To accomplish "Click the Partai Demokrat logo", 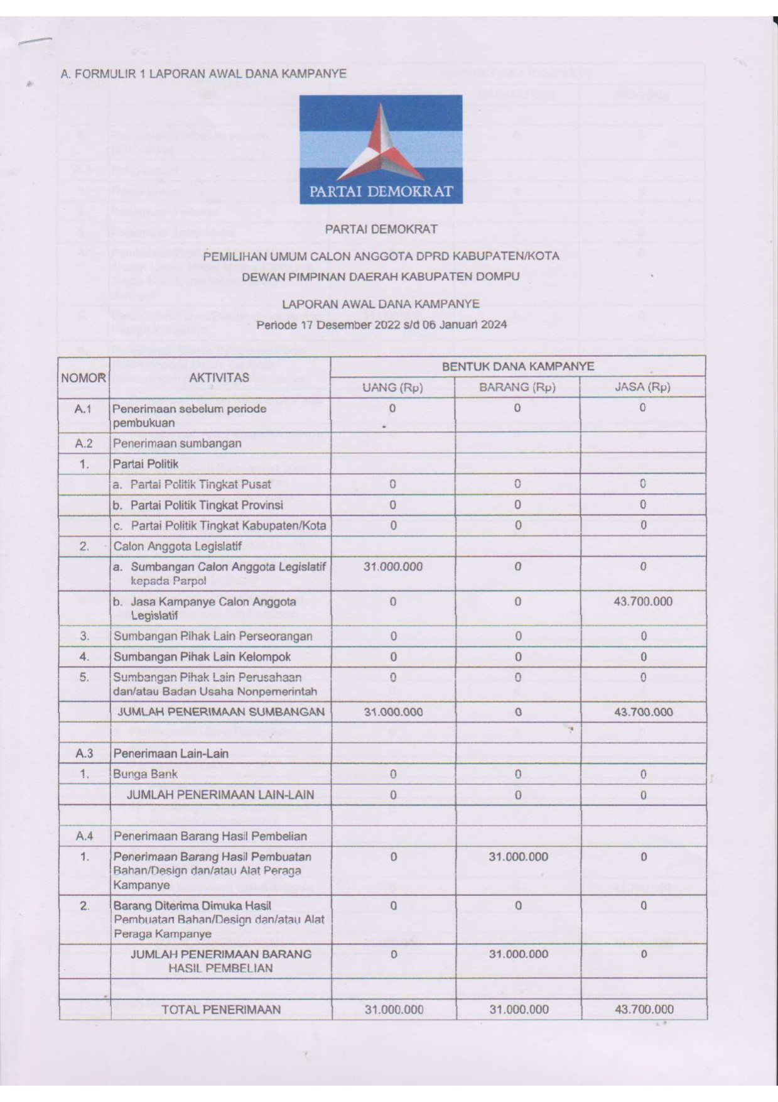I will point(381,150).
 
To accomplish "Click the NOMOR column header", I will point(84,378).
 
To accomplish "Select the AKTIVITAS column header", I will point(219,378).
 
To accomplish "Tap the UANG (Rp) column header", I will point(392,388).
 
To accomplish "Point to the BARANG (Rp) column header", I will point(517,388).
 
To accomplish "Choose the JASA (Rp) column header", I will point(642,388).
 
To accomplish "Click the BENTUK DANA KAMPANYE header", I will point(517,366).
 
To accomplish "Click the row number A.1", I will point(84,409).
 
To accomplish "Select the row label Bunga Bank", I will point(145,774).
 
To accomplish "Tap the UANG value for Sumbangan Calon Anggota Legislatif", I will point(393,567).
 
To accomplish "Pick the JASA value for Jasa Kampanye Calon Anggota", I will point(642,601).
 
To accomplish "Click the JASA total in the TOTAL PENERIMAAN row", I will point(644,1009).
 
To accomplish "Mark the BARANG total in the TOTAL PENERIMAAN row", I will point(519,1009).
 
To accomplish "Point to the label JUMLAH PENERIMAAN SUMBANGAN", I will point(221,712).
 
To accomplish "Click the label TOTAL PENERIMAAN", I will point(221,1009).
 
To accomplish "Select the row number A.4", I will point(84,836).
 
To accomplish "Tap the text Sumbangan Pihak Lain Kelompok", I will point(202,657).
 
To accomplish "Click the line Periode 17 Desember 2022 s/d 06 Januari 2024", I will point(381,325).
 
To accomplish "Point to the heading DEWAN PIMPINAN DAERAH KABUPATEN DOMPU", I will point(381,276).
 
